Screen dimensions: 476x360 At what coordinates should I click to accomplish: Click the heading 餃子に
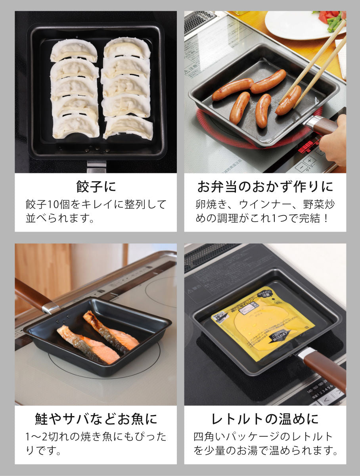(x=96, y=186)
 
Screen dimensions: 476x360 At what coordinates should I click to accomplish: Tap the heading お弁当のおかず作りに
(x=265, y=186)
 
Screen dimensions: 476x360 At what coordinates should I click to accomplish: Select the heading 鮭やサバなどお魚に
(x=96, y=419)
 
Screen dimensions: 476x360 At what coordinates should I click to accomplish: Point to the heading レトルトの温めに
(x=265, y=419)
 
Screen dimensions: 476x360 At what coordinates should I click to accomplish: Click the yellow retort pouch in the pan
(x=262, y=317)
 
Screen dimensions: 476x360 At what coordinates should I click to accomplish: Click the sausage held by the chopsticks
(x=288, y=100)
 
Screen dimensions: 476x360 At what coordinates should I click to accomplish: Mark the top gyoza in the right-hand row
(x=127, y=48)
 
